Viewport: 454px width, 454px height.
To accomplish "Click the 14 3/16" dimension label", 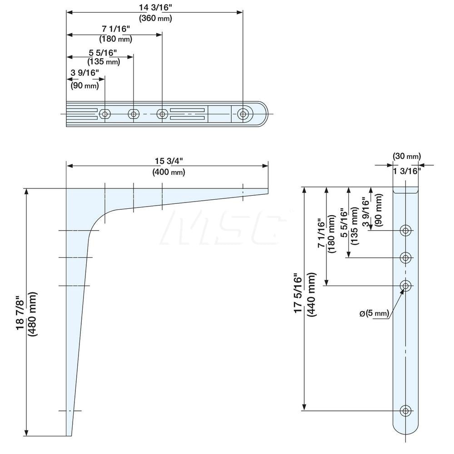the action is point(155,7).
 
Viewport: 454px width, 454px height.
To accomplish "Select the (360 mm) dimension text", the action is point(155,18).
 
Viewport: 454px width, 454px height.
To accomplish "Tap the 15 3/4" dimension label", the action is point(168,161).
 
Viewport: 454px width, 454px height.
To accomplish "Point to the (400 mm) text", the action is point(168,172).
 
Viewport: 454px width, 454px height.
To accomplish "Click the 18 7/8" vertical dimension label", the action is point(21,312).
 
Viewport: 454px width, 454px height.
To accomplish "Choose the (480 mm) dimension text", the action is point(32,314).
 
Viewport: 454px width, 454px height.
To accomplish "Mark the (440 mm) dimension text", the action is point(311,295).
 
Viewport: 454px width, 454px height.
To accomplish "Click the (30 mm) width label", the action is point(406,156).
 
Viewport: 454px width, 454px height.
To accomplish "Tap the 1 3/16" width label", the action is point(406,171).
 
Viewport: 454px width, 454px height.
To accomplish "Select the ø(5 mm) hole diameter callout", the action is point(375,313).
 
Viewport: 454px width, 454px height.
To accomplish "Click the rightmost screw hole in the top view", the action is point(243,114).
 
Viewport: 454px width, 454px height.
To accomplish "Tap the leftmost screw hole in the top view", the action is point(105,114).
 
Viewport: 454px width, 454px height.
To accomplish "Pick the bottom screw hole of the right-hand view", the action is point(405,410).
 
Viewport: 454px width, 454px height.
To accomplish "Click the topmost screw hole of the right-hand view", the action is point(405,231).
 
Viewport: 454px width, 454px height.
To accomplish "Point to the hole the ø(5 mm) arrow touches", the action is point(405,286).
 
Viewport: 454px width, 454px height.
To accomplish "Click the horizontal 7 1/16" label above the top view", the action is point(116,29).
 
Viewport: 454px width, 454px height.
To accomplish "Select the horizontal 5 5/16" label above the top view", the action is point(103,53).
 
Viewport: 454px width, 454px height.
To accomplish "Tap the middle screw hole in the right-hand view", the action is point(405,257).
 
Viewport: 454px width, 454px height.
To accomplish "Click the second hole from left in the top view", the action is point(133,114).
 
